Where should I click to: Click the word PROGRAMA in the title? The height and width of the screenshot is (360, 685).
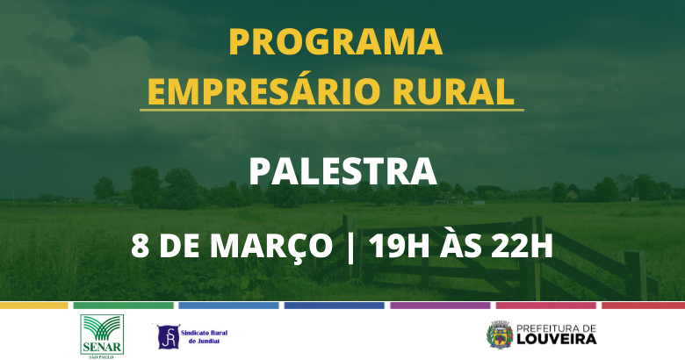[335, 41]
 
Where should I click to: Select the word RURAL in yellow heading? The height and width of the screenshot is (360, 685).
[453, 91]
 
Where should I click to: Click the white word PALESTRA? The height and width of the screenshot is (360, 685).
[342, 171]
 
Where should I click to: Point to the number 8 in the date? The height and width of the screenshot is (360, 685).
[140, 246]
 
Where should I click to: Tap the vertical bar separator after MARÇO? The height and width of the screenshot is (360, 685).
[350, 248]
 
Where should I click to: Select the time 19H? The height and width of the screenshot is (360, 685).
[400, 246]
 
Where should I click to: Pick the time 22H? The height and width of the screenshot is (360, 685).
[522, 246]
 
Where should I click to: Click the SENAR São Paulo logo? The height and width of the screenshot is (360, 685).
[102, 336]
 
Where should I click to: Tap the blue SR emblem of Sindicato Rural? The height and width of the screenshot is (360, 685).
[168, 336]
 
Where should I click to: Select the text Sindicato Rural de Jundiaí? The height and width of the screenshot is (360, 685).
[204, 336]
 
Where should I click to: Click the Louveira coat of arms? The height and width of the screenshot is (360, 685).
[500, 335]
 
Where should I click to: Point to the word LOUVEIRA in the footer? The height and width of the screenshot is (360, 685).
[557, 339]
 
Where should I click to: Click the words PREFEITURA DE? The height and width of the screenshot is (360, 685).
[557, 328]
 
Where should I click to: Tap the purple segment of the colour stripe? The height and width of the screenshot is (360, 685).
[440, 306]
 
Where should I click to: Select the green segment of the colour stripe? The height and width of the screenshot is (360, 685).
[123, 306]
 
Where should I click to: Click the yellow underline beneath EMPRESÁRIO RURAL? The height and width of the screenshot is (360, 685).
[332, 110]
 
